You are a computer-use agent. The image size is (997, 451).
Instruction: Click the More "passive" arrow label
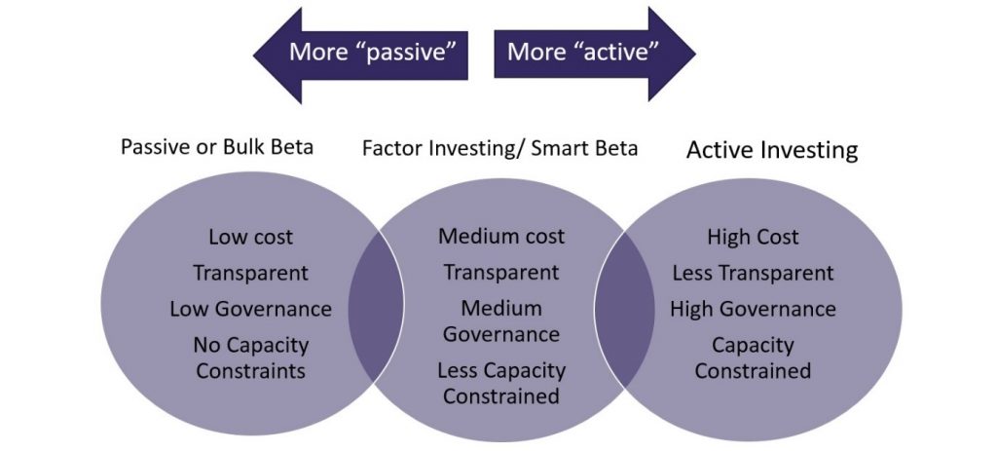[373, 52]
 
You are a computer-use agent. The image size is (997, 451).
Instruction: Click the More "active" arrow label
[582, 52]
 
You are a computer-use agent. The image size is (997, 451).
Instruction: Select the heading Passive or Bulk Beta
[217, 147]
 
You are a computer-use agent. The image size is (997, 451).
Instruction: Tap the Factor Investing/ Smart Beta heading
[499, 148]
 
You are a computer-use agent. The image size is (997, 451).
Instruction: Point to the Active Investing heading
[772, 150]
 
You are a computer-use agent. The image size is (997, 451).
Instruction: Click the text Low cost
[250, 238]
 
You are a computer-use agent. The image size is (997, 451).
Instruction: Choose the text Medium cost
[501, 237]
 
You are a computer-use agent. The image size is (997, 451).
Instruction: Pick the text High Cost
[753, 238]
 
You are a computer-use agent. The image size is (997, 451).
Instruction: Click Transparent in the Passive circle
[250, 274]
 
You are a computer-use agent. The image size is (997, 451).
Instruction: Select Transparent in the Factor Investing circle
[501, 273]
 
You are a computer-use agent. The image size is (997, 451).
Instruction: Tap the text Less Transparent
[753, 274]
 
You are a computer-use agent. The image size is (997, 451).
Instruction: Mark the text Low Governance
[250, 309]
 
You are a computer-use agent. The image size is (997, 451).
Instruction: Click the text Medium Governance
[501, 321]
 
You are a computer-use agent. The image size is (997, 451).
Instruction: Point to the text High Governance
[753, 309]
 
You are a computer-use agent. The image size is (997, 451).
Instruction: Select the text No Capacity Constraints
[250, 358]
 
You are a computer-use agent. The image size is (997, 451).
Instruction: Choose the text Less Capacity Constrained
[501, 383]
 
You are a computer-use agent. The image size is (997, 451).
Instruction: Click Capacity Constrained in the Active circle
[753, 358]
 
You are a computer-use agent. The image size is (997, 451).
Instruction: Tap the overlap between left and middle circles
[376, 307]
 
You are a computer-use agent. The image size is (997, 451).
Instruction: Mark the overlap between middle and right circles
[624, 310]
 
